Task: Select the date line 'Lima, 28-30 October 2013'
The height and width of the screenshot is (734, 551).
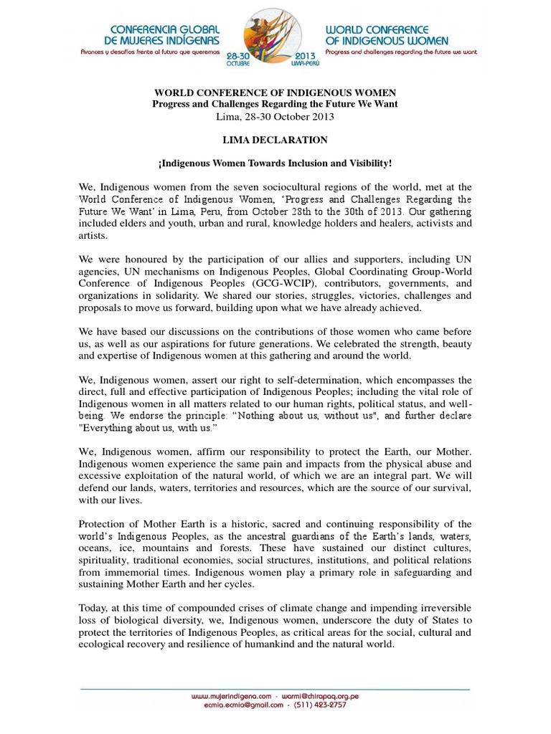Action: point(275,115)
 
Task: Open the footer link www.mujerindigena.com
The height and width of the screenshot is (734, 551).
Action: point(231,696)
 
